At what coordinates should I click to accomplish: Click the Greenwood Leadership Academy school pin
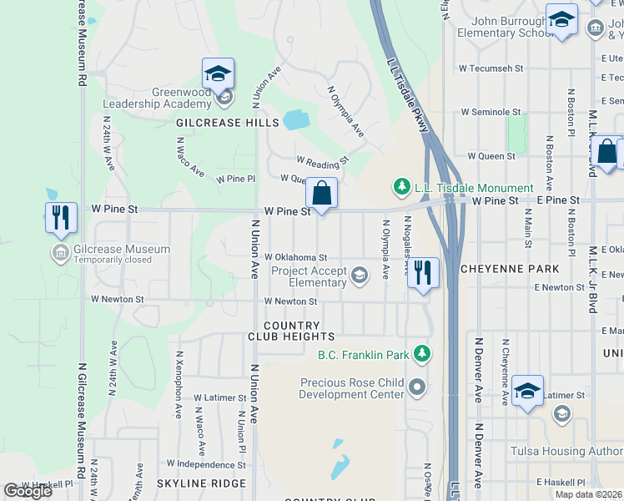(218, 74)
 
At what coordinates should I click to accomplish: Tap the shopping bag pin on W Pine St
(321, 194)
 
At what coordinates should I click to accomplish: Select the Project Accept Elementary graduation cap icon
(360, 276)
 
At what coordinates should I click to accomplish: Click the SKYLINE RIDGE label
(201, 483)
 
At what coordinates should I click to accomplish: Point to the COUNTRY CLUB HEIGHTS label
(291, 331)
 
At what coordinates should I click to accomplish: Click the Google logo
(27, 491)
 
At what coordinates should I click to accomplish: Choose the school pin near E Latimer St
(527, 391)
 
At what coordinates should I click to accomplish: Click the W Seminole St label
(491, 112)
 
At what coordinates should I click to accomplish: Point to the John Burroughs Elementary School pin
(561, 20)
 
